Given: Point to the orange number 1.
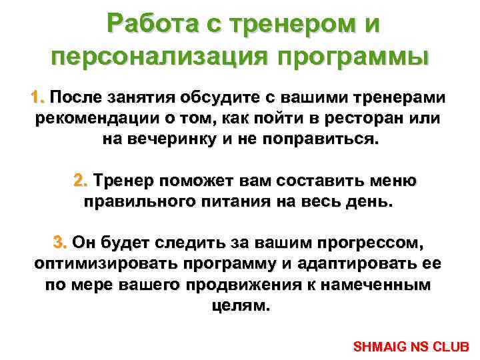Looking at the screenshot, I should (37, 97).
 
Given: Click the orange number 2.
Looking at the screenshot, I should (80, 181).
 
